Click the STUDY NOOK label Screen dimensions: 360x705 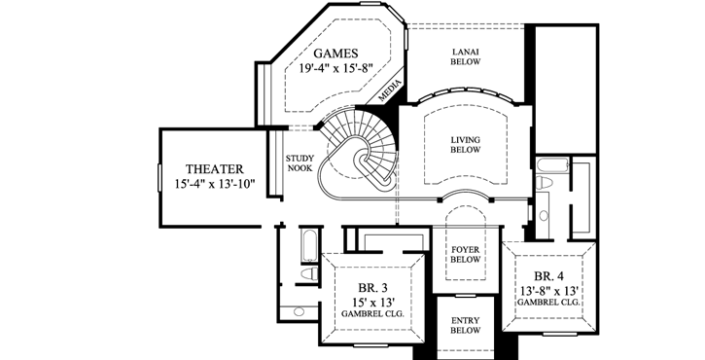(x=299, y=162)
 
